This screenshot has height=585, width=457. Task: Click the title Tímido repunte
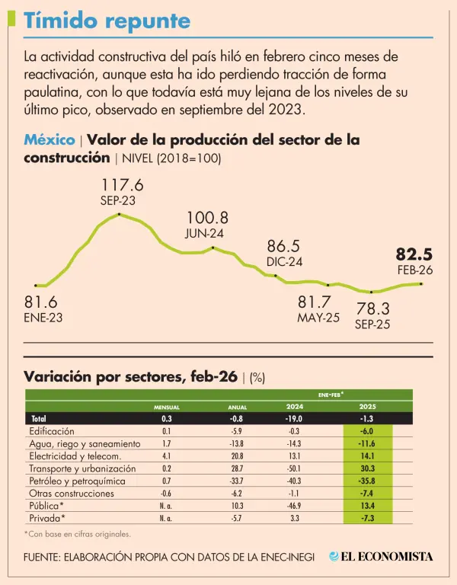[107, 21]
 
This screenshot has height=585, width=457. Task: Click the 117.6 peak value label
[123, 185]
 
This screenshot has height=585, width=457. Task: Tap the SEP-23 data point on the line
[120, 214]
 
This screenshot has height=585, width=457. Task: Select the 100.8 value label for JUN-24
[207, 219]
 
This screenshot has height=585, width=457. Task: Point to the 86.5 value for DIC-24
[284, 247]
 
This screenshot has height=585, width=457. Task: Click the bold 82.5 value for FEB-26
[414, 254]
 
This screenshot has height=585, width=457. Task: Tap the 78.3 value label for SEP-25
[373, 308]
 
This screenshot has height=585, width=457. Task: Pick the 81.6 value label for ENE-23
[40, 302]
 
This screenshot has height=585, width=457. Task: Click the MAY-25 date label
[318, 318]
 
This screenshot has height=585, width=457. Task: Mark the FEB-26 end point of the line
[421, 283]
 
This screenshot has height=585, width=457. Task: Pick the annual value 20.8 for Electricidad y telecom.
[238, 456]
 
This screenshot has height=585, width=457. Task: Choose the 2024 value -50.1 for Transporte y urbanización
[295, 468]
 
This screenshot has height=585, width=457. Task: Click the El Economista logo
[381, 556]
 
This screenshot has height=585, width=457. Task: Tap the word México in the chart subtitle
[49, 141]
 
